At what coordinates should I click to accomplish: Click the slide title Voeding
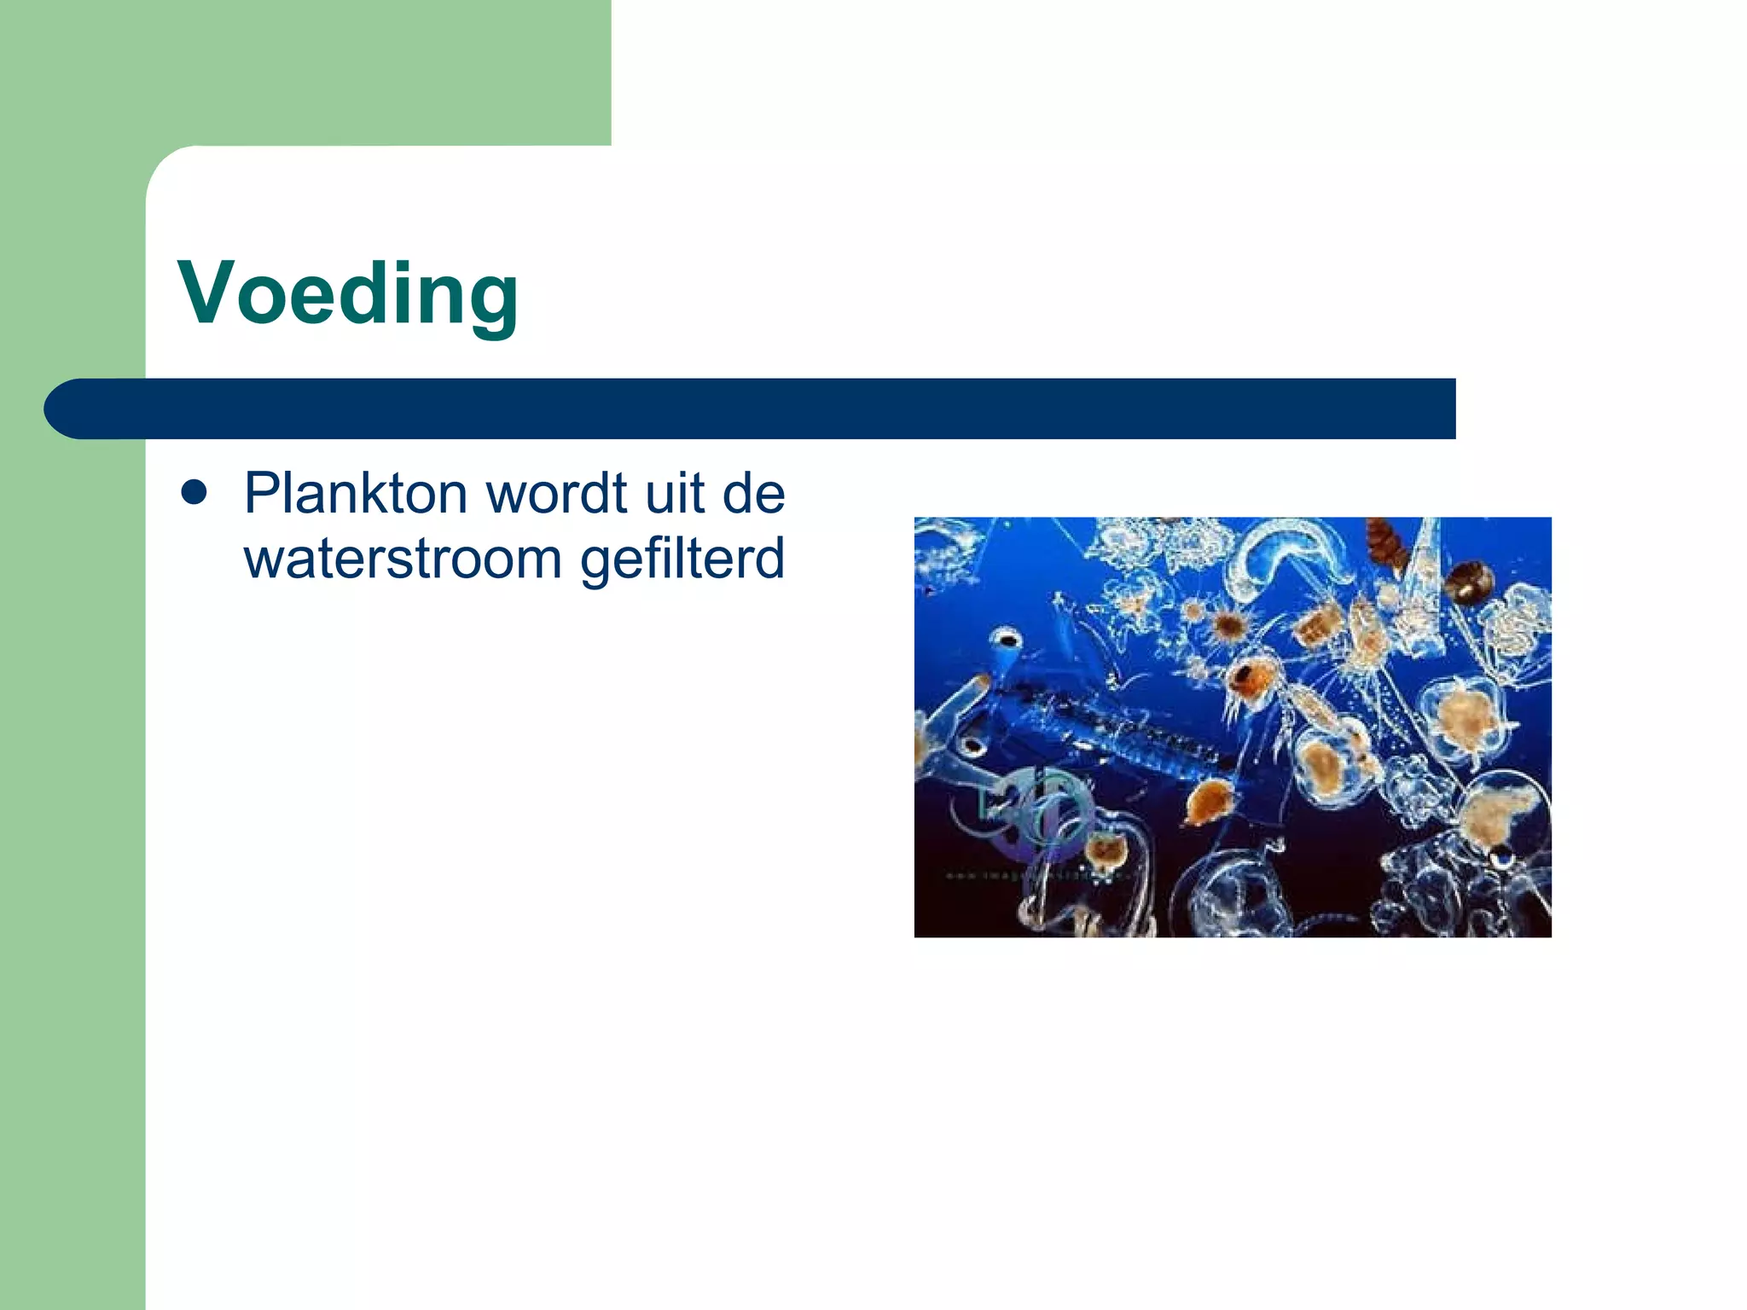coord(348,294)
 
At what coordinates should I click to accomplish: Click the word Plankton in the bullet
coord(355,494)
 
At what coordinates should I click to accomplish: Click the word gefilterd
coord(682,560)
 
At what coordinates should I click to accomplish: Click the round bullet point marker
coord(194,492)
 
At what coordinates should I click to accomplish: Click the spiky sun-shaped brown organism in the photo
coord(1229,627)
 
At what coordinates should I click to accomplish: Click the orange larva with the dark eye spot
coord(1251,678)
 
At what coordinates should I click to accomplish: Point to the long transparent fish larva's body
coord(1117,725)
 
